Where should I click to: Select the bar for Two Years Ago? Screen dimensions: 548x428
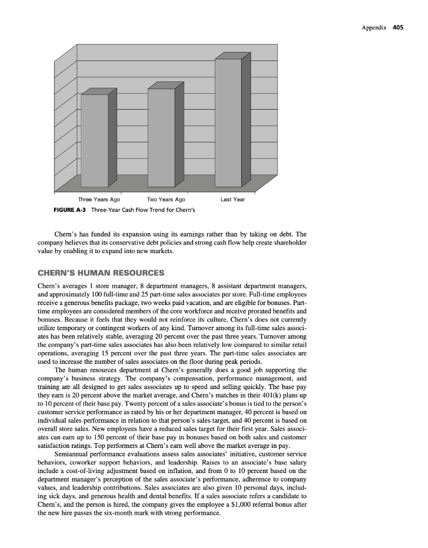pyautogui.click(x=161, y=136)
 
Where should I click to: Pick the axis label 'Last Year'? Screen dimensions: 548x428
pyautogui.click(x=232, y=200)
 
